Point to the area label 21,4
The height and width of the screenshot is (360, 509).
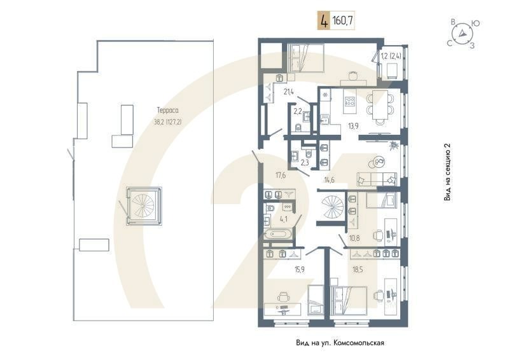click(289, 92)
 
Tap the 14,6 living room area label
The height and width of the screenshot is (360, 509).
click(330, 180)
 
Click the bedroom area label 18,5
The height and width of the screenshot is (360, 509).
click(359, 270)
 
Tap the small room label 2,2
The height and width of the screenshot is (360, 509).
click(297, 111)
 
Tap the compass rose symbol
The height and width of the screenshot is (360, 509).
click(463, 33)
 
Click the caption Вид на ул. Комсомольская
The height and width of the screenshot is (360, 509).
click(340, 343)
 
